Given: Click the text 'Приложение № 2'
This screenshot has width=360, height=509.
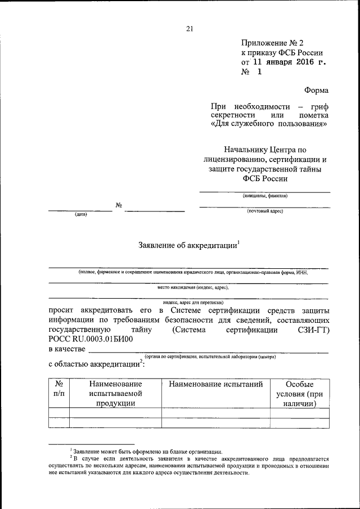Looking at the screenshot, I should tap(272, 43).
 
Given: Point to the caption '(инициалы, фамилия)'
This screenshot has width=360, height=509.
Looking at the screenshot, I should tap(265, 196).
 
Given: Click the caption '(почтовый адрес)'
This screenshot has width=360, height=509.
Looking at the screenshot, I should tap(265, 211).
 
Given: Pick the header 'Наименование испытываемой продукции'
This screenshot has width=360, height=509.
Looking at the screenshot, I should tap(115, 394).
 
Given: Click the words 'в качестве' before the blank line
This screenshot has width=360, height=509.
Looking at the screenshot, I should tap(67, 350).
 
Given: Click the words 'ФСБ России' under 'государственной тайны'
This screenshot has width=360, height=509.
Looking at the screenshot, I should tap(264, 179).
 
